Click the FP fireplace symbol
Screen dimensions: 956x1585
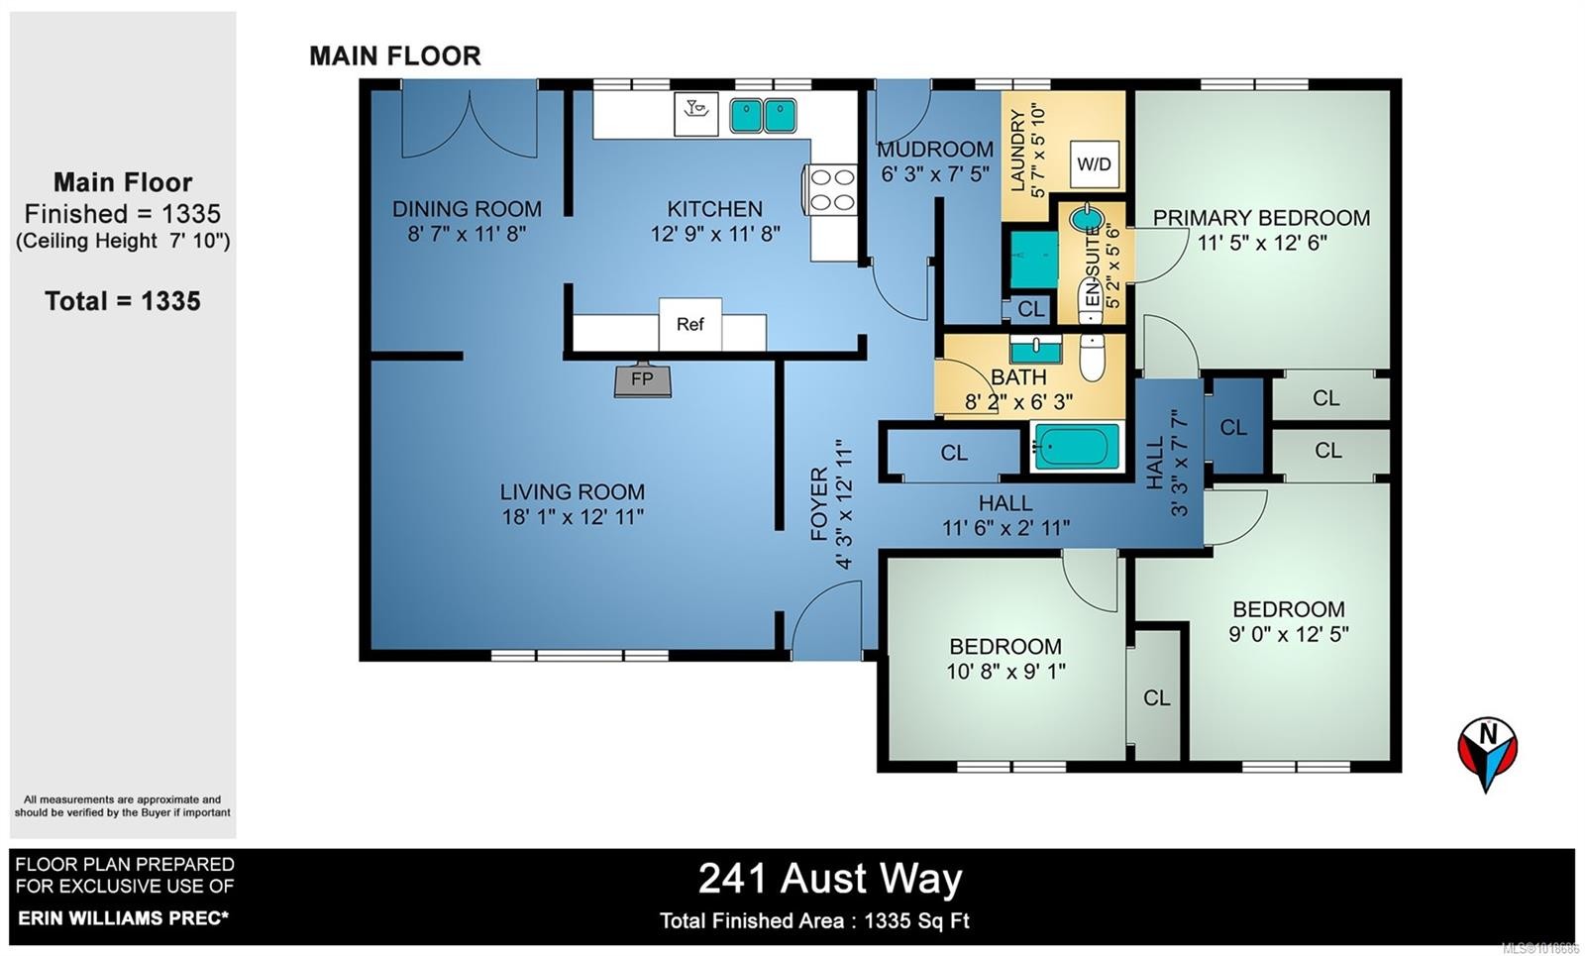point(642,380)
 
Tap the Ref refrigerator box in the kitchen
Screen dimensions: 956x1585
point(689,324)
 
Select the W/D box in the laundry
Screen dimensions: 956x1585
point(1094,164)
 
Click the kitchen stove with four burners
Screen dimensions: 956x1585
point(831,189)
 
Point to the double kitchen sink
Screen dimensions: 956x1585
point(764,116)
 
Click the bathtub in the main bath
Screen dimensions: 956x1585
point(1076,447)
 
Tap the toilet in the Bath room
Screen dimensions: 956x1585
point(1092,358)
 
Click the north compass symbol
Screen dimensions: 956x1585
point(1487,752)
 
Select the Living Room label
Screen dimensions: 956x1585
point(572,491)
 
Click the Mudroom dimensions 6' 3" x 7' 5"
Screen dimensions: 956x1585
point(934,175)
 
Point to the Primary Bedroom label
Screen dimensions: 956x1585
point(1260,218)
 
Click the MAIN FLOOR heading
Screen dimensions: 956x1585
point(394,56)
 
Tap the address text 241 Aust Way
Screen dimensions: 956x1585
point(830,879)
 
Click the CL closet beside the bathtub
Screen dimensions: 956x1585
point(953,453)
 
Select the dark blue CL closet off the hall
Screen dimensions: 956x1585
point(1233,427)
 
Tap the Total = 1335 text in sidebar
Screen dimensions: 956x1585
point(123,301)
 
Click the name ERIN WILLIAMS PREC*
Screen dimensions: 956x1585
point(123,918)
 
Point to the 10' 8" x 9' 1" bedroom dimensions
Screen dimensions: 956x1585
point(1004,672)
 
